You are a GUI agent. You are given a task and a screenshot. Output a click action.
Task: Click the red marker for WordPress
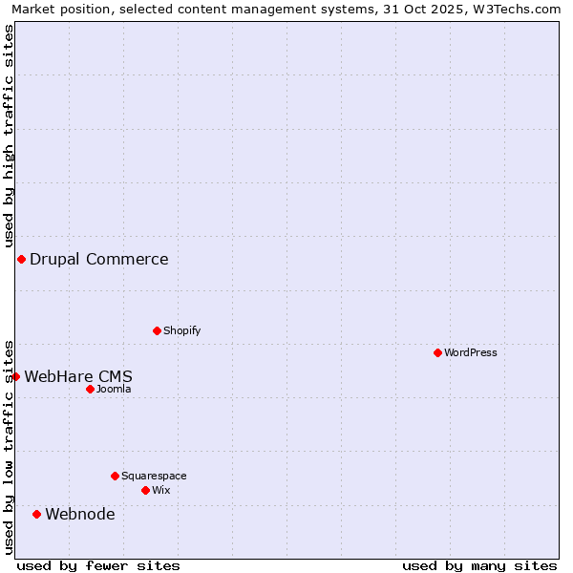coord(437,353)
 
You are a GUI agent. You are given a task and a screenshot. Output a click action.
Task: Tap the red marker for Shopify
coord(157,331)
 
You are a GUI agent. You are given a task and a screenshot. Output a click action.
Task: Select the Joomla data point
coord(90,390)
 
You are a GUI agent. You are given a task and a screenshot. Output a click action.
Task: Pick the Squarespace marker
coord(115,476)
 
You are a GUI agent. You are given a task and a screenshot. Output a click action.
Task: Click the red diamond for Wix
coord(145,491)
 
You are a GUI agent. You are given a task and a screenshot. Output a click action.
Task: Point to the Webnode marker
coord(36,515)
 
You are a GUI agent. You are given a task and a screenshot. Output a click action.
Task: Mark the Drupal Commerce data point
coord(21,260)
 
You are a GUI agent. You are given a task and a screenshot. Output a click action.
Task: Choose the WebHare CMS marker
coord(15,377)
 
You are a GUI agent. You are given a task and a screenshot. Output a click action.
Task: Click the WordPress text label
coord(471,353)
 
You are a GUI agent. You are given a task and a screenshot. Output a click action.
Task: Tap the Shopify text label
coord(182,331)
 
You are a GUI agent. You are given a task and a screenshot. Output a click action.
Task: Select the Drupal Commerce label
coord(99,260)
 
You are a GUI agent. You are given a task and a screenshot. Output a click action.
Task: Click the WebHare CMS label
coord(78,377)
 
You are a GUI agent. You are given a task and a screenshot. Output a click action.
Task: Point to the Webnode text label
coord(80,515)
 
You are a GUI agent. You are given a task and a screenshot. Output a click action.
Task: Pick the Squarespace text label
coord(154,476)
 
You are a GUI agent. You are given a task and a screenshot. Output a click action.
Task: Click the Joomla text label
coord(114,390)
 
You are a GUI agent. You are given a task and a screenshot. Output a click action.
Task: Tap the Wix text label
coord(161,491)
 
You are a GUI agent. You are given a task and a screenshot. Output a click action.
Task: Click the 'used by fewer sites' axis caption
coord(98,565)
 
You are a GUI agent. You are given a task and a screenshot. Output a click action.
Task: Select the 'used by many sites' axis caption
coord(479,565)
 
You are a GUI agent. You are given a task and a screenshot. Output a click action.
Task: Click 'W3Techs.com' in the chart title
coord(521,10)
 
